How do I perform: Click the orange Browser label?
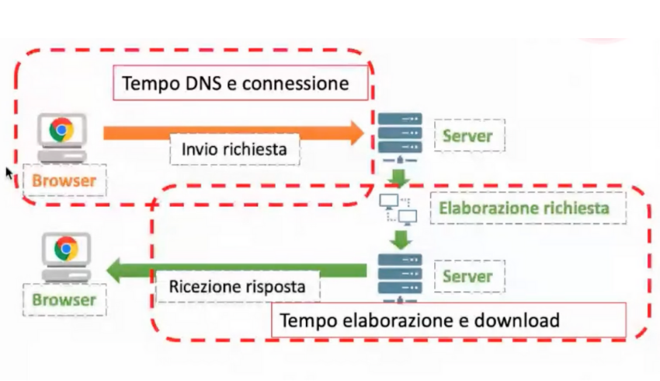[x=64, y=182]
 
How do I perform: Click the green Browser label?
[x=64, y=300]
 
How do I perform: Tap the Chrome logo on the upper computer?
[x=62, y=130]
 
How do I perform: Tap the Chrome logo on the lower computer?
[x=66, y=249]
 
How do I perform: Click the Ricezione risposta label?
[x=237, y=287]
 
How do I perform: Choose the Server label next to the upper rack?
[x=467, y=136]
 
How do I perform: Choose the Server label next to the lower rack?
[x=467, y=276]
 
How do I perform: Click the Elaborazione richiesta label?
[x=523, y=208]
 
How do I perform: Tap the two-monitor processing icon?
[x=398, y=208]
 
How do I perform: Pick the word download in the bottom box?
[x=517, y=320]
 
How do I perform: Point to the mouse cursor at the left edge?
[x=9, y=173]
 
